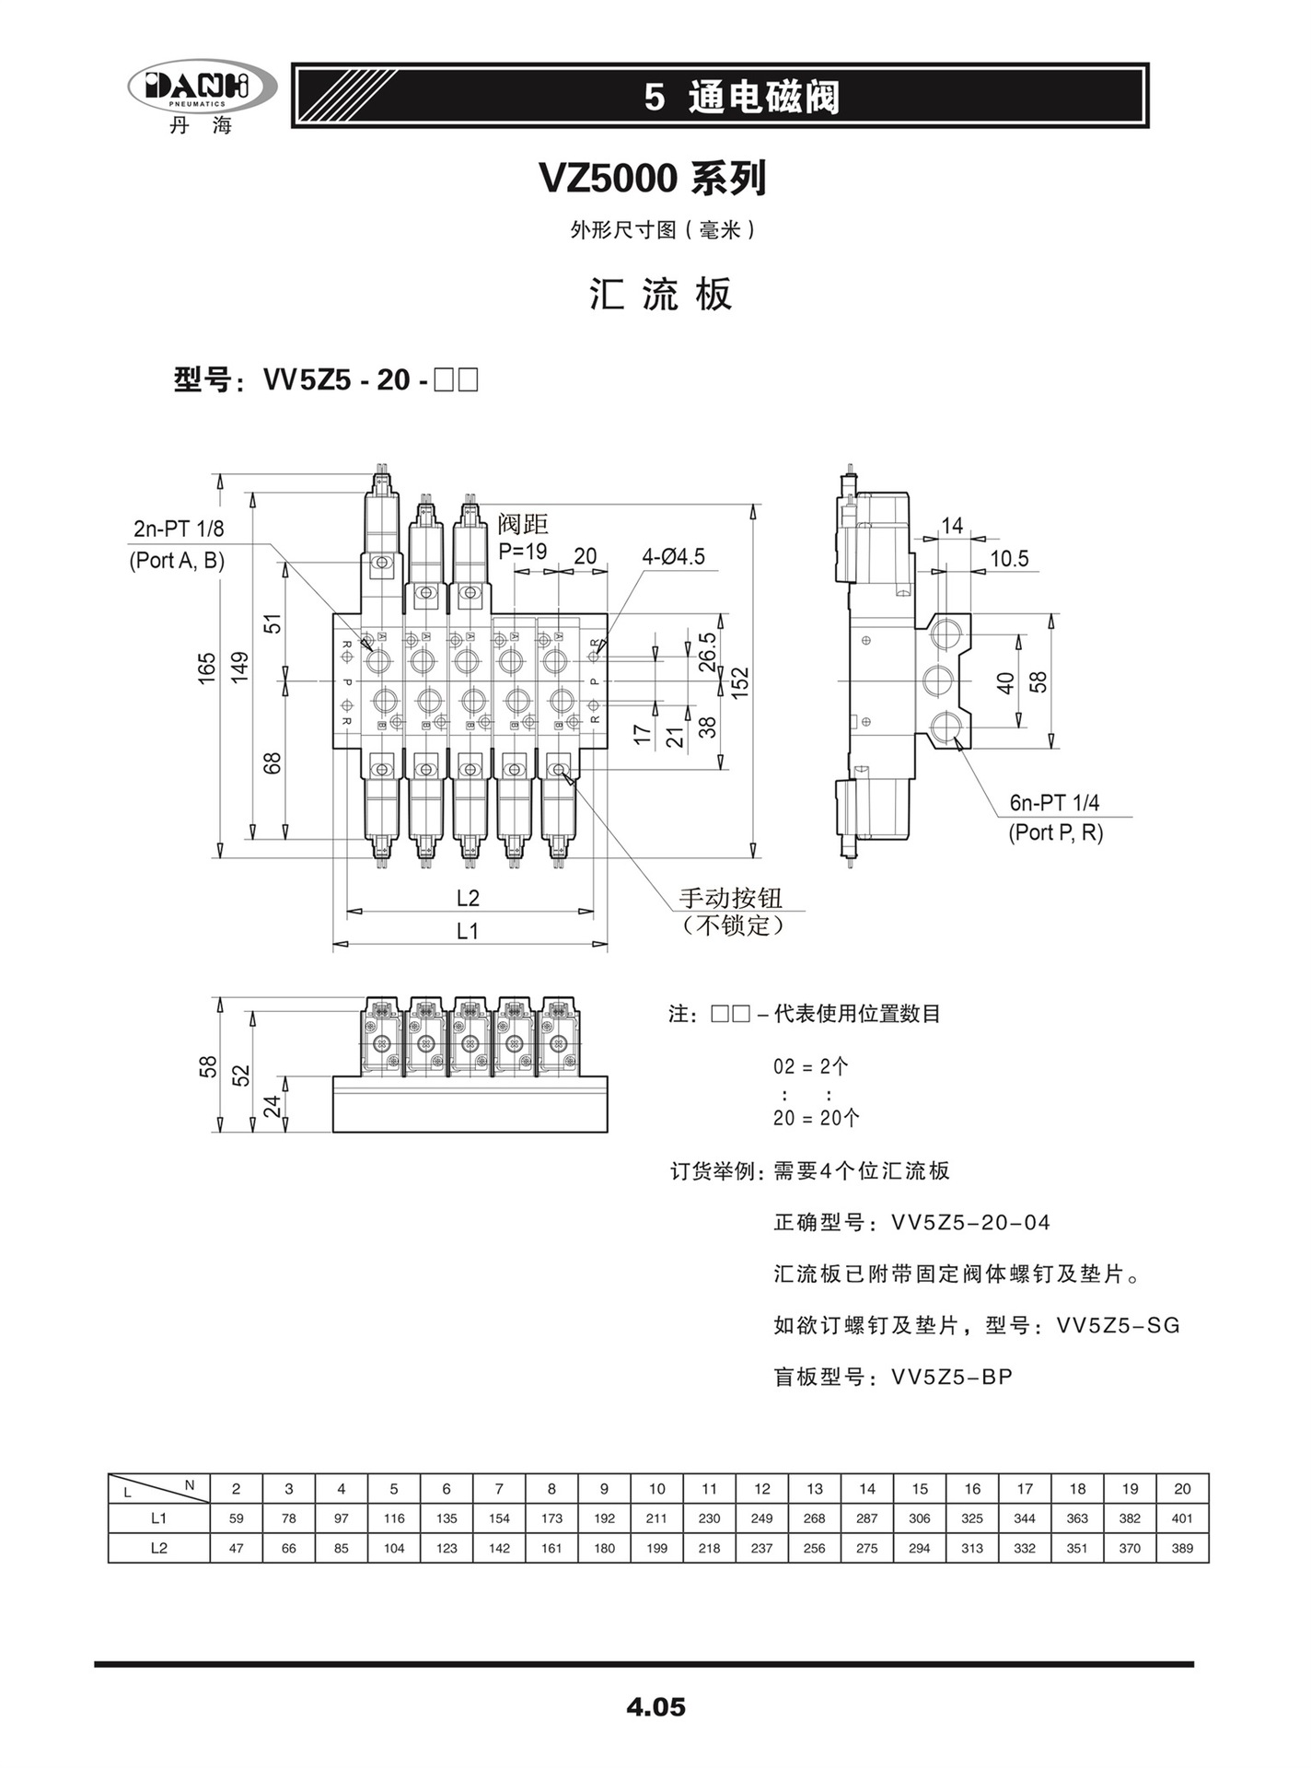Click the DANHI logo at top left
[x=201, y=87]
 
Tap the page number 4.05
[x=655, y=1706]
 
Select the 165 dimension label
[x=207, y=667]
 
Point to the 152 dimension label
[x=741, y=682]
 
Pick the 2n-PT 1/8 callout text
[x=179, y=529]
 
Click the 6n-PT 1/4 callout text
[x=1054, y=803]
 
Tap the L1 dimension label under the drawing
[x=468, y=931]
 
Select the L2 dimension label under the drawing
[x=468, y=898]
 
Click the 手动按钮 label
[x=730, y=898]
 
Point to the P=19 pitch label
[x=523, y=552]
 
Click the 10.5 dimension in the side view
[x=1009, y=559]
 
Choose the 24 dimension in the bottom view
[x=273, y=1106]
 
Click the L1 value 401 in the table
[x=1182, y=1518]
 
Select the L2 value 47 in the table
[x=237, y=1548]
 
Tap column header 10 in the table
[x=656, y=1489]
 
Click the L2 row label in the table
[x=159, y=1548]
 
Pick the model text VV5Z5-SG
[x=1118, y=1326]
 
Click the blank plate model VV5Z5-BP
[x=952, y=1378]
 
